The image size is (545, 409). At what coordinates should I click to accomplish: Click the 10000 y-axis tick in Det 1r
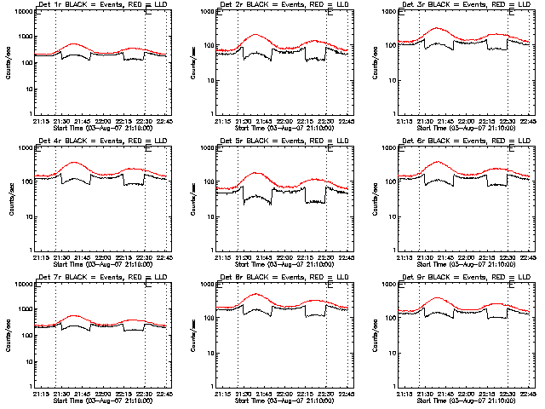click(20, 13)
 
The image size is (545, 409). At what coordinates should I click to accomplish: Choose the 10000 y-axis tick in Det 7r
click(20, 285)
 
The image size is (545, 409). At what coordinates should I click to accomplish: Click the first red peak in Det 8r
click(255, 294)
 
